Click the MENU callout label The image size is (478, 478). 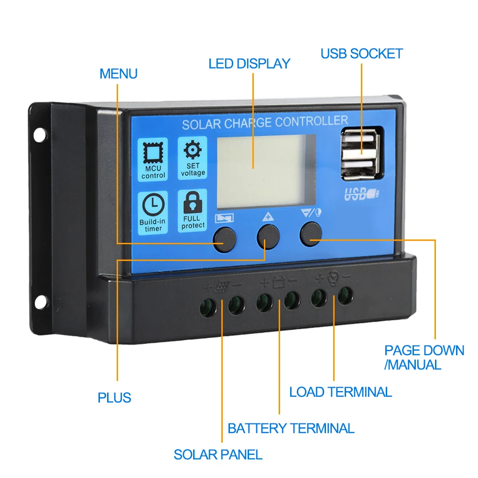click(118, 74)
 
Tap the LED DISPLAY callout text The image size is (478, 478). click(249, 64)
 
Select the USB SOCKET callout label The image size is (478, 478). click(361, 54)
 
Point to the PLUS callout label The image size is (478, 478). click(114, 397)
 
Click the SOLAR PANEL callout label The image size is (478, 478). click(218, 454)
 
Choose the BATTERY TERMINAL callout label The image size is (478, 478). click(291, 428)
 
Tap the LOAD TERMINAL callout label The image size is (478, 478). click(340, 392)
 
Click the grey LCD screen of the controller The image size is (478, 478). click(267, 170)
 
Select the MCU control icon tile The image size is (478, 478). click(153, 159)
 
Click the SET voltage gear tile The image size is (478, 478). click(193, 158)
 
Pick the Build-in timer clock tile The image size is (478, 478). click(153, 212)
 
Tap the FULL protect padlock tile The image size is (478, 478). click(193, 211)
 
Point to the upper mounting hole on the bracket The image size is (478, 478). click(39, 135)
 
